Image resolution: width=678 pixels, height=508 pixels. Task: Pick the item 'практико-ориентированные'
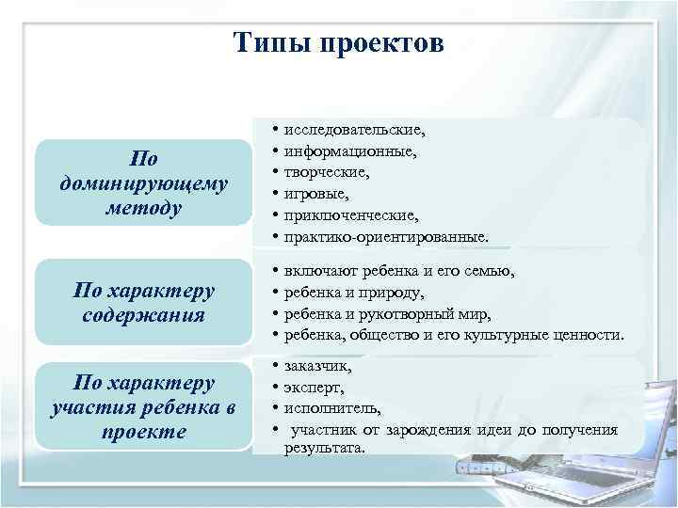point(385,237)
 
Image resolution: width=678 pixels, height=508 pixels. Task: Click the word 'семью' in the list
point(490,272)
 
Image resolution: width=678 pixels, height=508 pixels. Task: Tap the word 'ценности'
point(588,335)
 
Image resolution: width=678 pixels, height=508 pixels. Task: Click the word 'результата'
point(323,448)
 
